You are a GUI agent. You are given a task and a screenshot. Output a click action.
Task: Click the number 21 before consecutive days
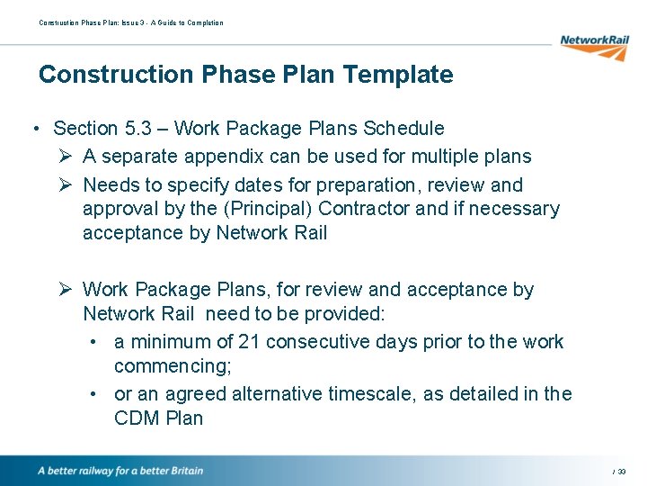point(238,342)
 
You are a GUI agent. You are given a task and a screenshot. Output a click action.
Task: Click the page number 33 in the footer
point(622,472)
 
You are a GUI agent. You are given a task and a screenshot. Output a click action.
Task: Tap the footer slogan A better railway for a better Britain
point(120,471)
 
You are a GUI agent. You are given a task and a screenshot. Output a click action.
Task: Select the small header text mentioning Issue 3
point(130,22)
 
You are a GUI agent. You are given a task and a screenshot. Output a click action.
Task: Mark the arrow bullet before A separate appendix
point(63,157)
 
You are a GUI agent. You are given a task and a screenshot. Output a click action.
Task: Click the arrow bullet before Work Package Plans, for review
point(63,290)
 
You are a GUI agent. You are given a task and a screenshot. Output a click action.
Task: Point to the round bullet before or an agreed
point(94,394)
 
